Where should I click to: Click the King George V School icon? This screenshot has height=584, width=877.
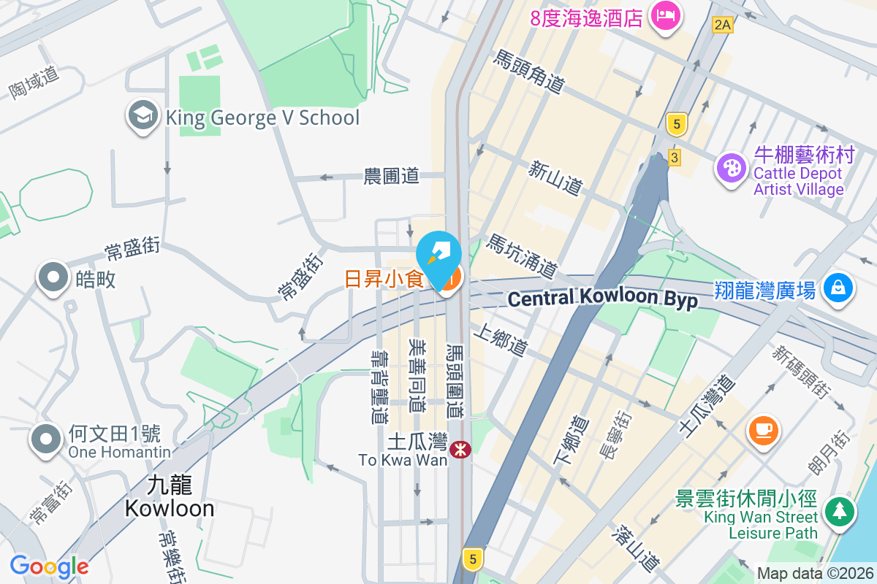(143, 116)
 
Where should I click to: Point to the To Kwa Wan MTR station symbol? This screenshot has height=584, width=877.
(460, 450)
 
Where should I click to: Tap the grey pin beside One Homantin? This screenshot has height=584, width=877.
(47, 439)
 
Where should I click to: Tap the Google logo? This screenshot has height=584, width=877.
(49, 566)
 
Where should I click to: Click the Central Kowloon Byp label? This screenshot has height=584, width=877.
(603, 299)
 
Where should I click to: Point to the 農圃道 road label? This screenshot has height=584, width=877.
(392, 176)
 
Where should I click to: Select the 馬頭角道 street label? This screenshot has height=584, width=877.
(530, 72)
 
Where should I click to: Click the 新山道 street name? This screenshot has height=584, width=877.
(555, 178)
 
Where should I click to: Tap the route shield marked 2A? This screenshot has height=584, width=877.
(722, 26)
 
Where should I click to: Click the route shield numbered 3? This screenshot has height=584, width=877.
(674, 158)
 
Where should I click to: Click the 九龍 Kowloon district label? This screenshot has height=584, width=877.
(170, 496)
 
